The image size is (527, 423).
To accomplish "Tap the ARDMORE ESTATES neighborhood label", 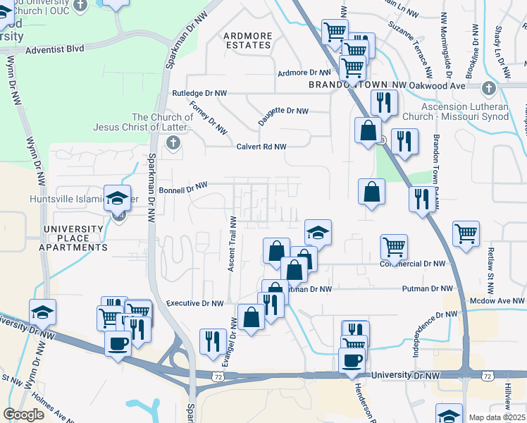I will point(247,40).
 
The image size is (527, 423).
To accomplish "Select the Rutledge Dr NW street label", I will point(200,93).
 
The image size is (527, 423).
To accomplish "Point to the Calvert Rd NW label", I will point(261,147).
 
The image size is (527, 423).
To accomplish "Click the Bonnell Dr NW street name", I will point(183,188).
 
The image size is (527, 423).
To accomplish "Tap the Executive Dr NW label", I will point(194,303).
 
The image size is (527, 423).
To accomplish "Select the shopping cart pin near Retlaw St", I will point(466,234).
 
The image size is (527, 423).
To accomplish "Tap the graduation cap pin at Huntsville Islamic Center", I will point(118,198).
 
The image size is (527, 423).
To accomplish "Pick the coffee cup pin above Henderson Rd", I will point(352,360).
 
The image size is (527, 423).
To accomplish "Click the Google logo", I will point(24,415).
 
